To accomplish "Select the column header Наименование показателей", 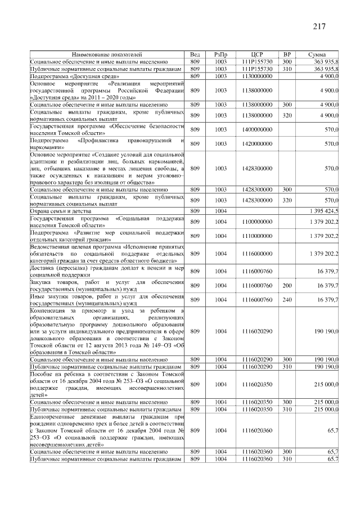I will [107, 54].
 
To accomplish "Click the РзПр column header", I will [220, 54].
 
